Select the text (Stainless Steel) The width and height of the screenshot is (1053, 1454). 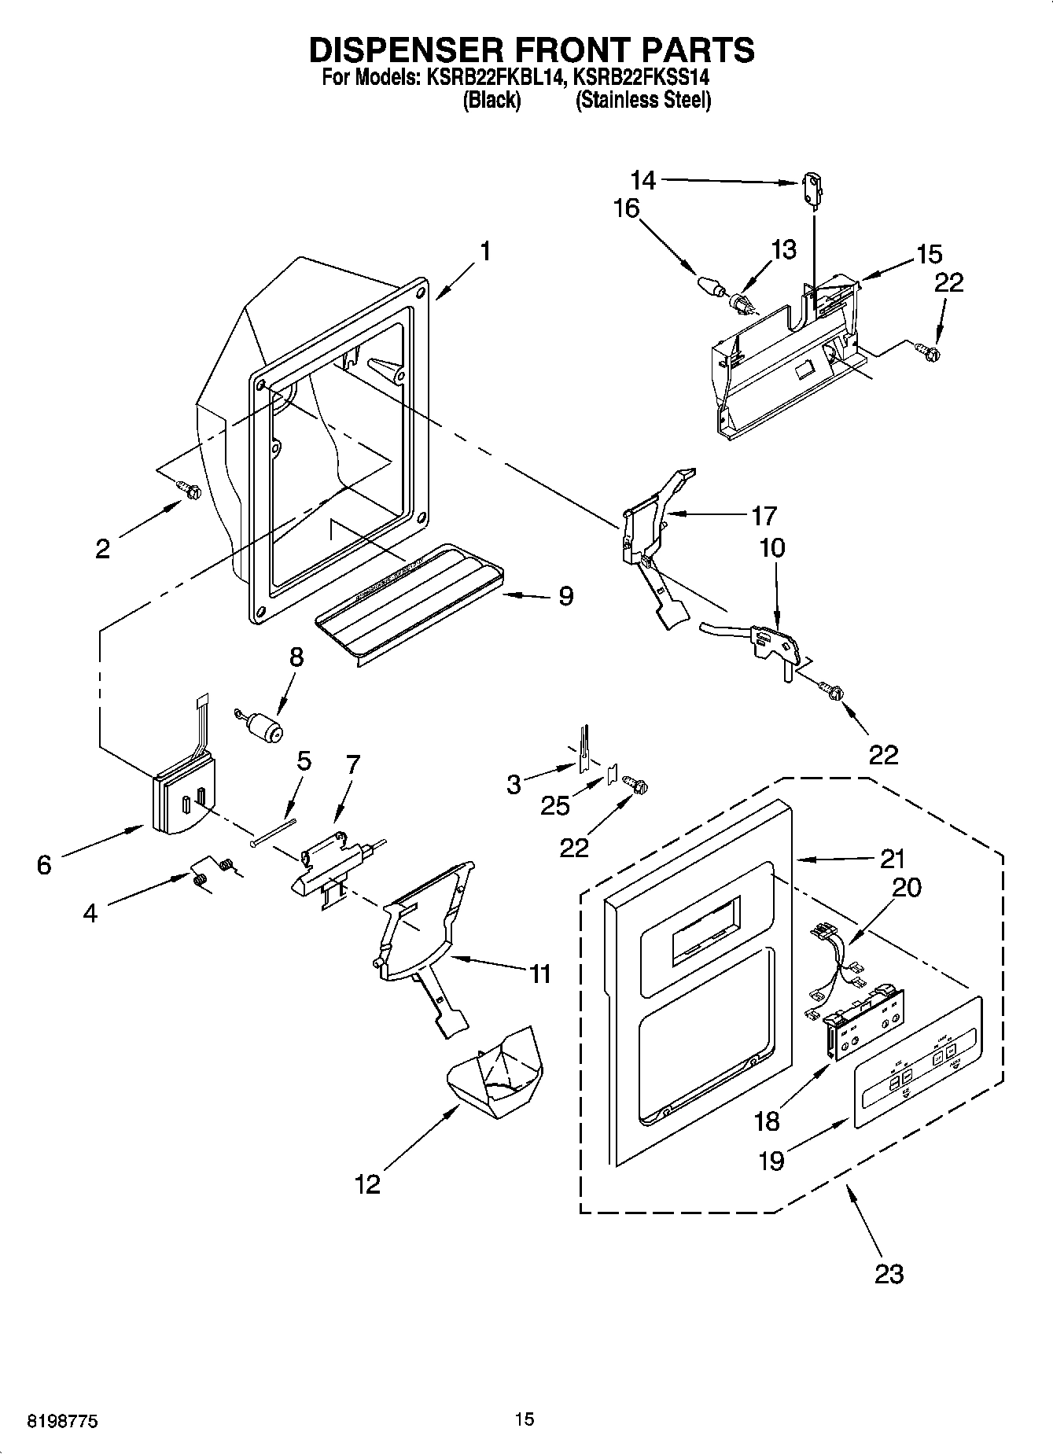[x=642, y=101]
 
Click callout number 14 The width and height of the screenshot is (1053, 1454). [x=642, y=180]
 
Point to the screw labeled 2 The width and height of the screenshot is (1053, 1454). [x=190, y=490]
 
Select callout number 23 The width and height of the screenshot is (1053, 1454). [x=889, y=1272]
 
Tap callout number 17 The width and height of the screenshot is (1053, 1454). [x=764, y=516]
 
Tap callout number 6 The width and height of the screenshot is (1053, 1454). [x=44, y=865]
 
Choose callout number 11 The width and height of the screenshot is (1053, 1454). [x=539, y=974]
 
